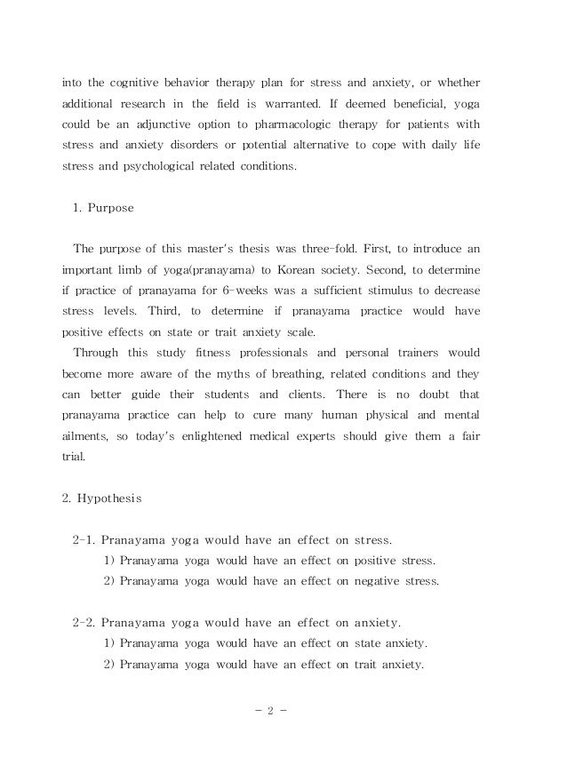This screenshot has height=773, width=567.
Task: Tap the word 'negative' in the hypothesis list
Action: pyautogui.click(x=378, y=581)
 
